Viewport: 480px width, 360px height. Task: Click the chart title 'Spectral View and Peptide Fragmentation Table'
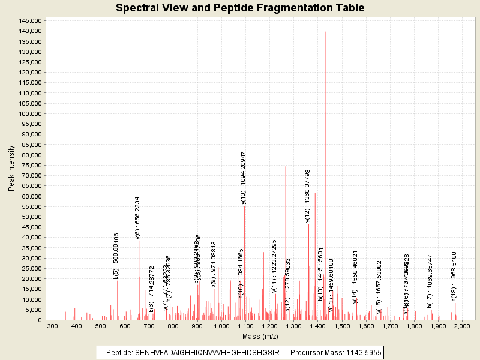point(240,8)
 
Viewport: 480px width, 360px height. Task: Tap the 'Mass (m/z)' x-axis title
point(259,337)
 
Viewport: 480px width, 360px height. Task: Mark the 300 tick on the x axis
point(53,326)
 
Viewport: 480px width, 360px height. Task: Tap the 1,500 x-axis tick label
point(341,326)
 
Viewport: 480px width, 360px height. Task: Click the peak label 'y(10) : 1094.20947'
point(244,178)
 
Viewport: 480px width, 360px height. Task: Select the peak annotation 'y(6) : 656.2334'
point(138,218)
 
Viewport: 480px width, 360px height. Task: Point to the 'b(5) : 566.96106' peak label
point(116,256)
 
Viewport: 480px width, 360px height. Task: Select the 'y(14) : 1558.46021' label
point(355,273)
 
